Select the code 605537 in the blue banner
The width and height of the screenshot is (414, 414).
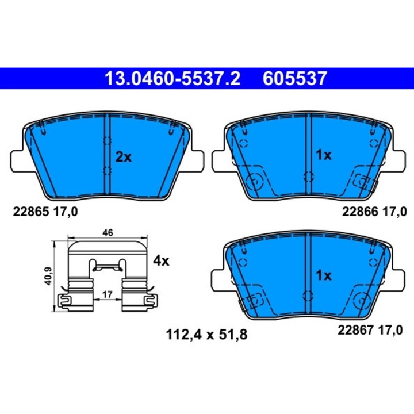click(294, 78)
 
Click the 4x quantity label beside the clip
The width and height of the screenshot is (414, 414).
click(162, 261)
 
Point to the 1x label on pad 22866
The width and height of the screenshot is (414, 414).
click(324, 155)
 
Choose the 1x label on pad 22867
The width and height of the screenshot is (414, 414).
click(324, 275)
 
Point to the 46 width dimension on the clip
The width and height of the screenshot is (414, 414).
click(107, 233)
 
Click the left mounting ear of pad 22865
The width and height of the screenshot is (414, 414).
click(18, 161)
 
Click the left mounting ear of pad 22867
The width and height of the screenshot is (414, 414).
click(218, 281)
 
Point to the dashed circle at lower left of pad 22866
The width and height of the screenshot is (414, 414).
click(252, 182)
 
